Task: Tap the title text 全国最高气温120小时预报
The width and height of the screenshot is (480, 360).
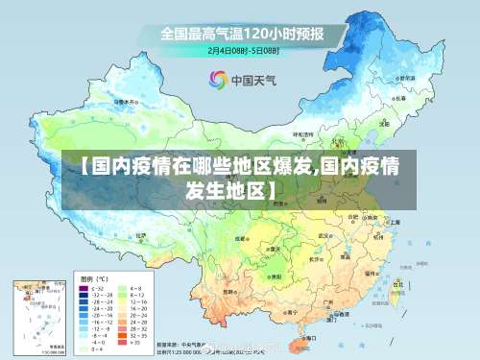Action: pyautogui.click(x=243, y=34)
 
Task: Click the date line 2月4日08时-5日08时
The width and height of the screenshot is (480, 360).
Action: pyautogui.click(x=243, y=50)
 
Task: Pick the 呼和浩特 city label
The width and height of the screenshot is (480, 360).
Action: pyautogui.click(x=303, y=134)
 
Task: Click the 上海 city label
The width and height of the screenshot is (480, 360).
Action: pyautogui.click(x=395, y=222)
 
